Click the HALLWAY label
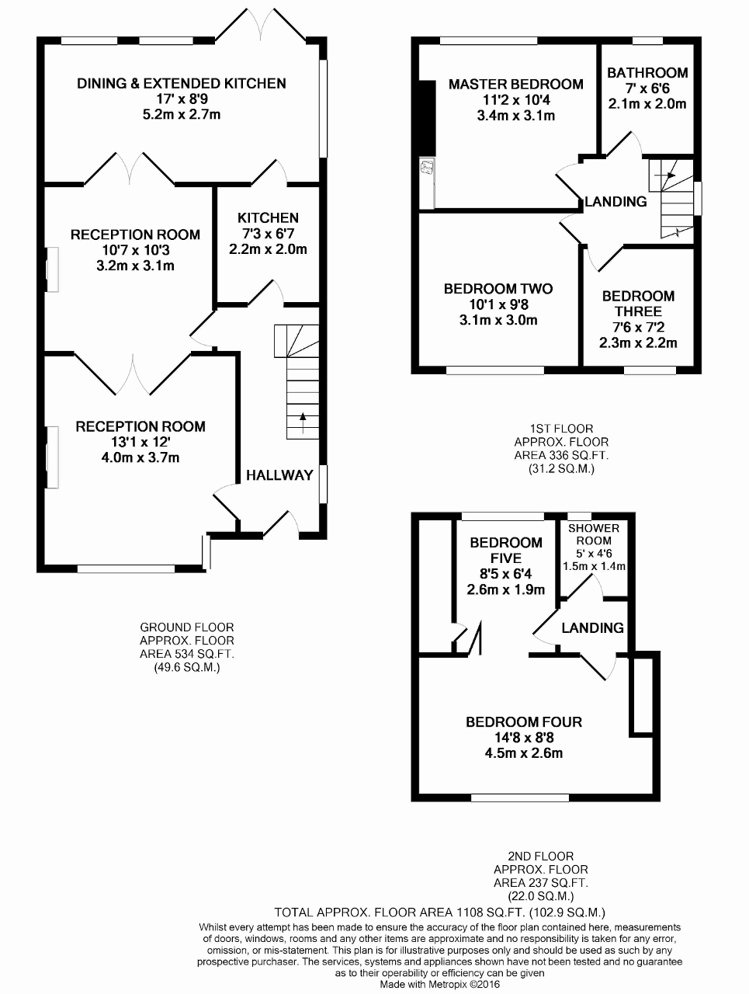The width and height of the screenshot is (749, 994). point(279,475)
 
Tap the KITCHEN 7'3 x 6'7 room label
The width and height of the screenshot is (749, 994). point(268,217)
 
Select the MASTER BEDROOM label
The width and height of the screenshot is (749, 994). point(515,84)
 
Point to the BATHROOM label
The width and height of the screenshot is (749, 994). point(647,72)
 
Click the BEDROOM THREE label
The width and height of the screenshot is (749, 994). point(638,304)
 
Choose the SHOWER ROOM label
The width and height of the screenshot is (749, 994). point(593,534)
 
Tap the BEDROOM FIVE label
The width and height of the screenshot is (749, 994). point(506,551)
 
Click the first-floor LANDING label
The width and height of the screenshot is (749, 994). point(615,201)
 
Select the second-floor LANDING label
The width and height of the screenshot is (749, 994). point(592,627)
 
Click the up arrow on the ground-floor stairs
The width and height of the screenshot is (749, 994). point(302,422)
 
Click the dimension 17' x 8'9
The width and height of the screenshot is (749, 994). point(182,99)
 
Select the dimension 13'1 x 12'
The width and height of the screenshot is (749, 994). point(140,442)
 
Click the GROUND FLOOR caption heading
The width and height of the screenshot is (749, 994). point(187,627)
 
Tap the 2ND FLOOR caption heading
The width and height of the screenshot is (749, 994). point(540,856)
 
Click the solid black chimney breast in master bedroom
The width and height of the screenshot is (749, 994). point(427,119)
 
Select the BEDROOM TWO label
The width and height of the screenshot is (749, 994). point(498,289)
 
